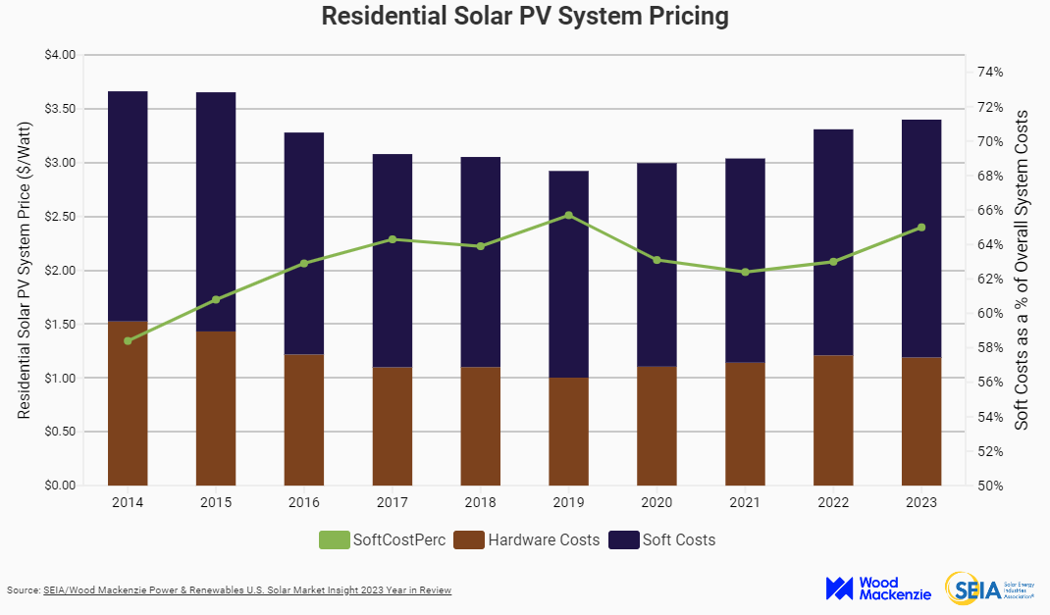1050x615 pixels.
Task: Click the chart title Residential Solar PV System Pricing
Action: click(x=525, y=17)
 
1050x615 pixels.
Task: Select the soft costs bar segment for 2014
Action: click(x=128, y=206)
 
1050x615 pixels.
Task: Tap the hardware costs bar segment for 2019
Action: click(x=568, y=432)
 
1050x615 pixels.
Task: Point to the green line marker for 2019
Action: click(x=568, y=215)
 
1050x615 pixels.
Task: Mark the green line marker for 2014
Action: click(x=128, y=340)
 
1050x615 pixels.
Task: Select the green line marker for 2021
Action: click(x=745, y=272)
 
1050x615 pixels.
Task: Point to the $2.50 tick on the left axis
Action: click(x=60, y=216)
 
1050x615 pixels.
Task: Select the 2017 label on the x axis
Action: click(x=392, y=502)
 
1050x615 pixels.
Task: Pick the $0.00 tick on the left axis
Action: click(x=60, y=486)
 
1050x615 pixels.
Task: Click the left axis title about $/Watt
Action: click(x=26, y=270)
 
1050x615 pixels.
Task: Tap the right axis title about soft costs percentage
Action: click(x=1022, y=270)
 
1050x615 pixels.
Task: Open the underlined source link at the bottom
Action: click(x=246, y=590)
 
